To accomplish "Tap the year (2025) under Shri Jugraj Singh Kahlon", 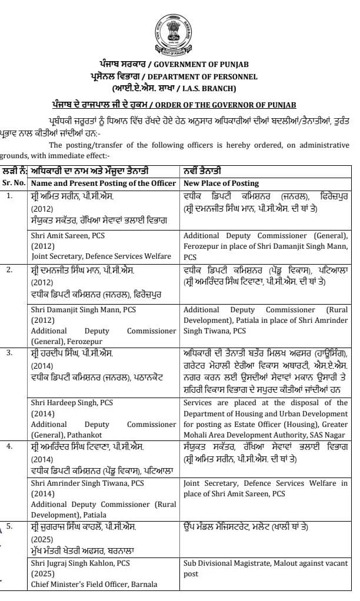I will click(42, 574).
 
